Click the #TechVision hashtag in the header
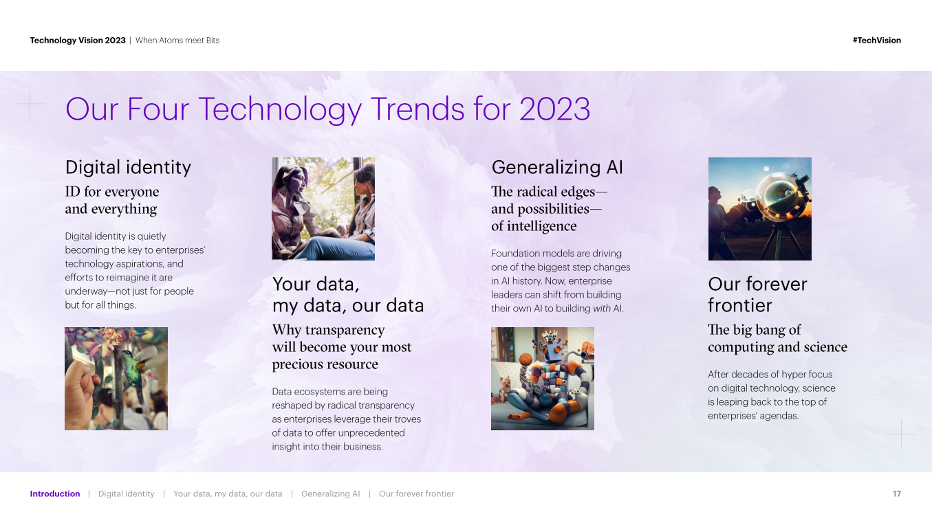(x=877, y=41)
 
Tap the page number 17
(x=897, y=494)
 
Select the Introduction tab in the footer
(x=55, y=494)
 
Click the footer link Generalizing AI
(x=330, y=494)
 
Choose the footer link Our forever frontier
(x=416, y=494)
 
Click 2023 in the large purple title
(x=554, y=109)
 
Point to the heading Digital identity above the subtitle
(x=128, y=168)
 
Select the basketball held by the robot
(x=526, y=359)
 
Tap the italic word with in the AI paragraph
(x=602, y=309)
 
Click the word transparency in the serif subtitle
(x=345, y=331)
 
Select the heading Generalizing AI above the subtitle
(x=557, y=168)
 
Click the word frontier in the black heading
(x=740, y=305)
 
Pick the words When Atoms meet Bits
(x=177, y=41)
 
